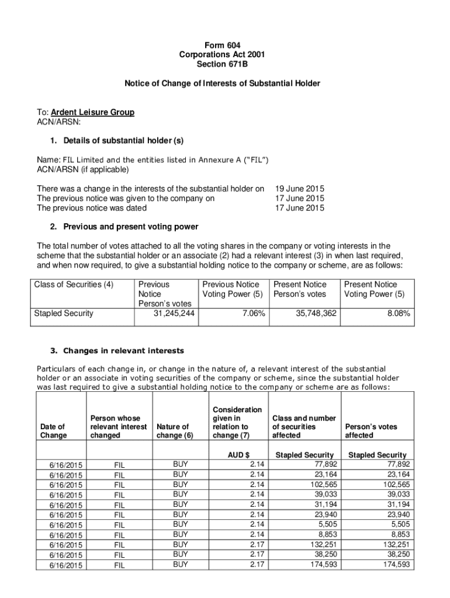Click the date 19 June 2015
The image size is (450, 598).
point(300,189)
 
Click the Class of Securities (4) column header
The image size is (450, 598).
point(74,285)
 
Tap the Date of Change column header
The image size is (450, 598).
point(53,431)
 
